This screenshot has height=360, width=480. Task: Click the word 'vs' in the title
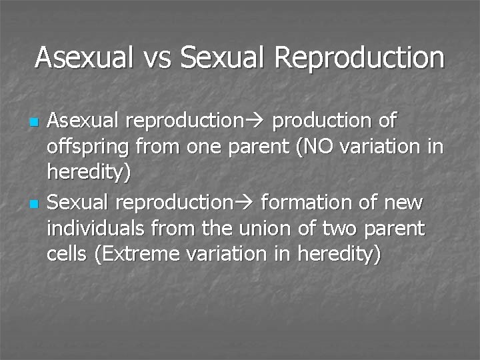point(157,58)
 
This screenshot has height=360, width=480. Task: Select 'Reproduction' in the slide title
point(359,58)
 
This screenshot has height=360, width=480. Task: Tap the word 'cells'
point(66,254)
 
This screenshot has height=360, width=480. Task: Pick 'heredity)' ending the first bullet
point(89,173)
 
